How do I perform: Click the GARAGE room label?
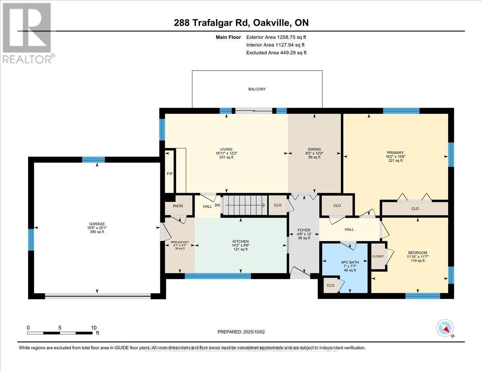coord(96,224)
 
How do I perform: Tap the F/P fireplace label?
coord(170,174)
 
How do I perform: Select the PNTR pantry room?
coord(177,206)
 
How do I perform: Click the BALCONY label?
coord(257,89)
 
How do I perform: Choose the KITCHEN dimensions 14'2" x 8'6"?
coord(240,245)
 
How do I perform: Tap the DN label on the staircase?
coord(217,205)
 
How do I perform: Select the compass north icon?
coord(445,328)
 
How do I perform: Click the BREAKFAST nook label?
coord(180,242)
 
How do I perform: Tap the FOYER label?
coord(304,230)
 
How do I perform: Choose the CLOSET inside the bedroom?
coord(378,256)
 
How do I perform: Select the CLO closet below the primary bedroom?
coord(415,209)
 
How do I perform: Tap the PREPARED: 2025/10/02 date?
coord(241,332)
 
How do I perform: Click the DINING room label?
coord(314,149)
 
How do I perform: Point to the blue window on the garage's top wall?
coord(93,159)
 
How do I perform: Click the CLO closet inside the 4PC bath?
coord(330,285)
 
